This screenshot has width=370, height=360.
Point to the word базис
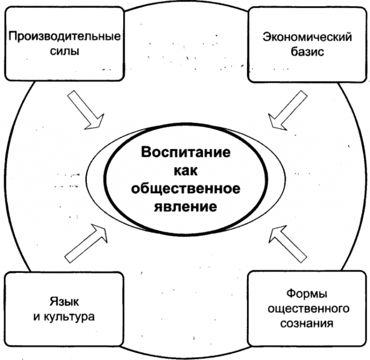[x=307, y=51]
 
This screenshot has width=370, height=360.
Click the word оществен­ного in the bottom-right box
[x=307, y=307]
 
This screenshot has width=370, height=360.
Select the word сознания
[x=307, y=322]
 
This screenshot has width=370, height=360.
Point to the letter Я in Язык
[x=52, y=302]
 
